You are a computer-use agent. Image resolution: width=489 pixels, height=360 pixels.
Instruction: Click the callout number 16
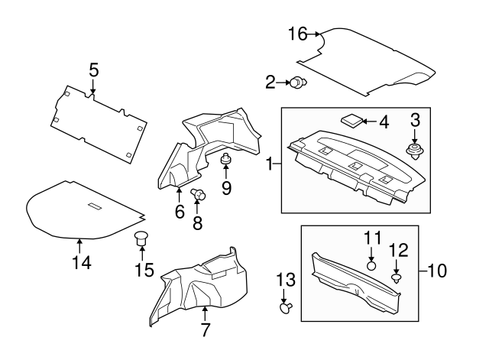(x=297, y=34)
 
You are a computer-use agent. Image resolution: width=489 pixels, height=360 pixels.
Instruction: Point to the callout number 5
(x=93, y=70)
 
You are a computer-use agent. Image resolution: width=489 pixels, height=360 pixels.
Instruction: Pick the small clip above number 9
(x=226, y=160)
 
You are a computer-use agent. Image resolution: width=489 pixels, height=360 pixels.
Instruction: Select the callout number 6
(x=180, y=212)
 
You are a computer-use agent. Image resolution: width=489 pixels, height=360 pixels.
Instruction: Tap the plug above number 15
(x=141, y=238)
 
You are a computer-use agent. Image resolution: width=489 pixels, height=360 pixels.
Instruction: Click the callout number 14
(x=81, y=262)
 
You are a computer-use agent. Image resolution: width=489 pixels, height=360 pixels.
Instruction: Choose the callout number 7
(x=204, y=331)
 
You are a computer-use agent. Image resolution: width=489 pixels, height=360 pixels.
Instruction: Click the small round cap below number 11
(x=371, y=265)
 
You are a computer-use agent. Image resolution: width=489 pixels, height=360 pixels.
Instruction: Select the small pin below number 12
(x=397, y=279)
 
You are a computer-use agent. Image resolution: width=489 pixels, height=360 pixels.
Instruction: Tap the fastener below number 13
(x=286, y=307)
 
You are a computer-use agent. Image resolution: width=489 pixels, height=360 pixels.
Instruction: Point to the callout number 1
(x=269, y=164)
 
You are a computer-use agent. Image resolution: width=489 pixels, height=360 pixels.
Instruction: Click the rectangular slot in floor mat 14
(x=95, y=207)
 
